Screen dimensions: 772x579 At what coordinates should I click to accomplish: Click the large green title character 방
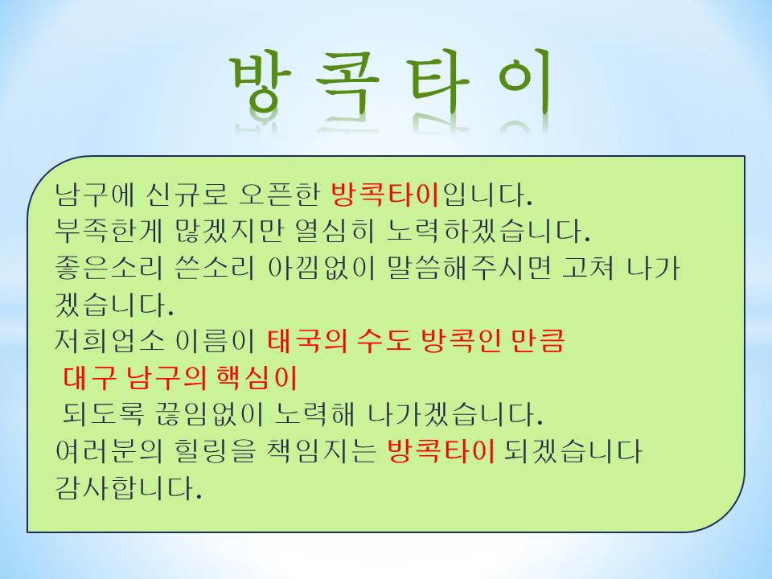(262, 80)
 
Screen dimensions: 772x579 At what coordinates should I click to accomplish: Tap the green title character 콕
(347, 81)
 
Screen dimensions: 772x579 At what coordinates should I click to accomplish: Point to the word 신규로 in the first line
(187, 194)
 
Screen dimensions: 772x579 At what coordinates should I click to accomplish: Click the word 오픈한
(279, 194)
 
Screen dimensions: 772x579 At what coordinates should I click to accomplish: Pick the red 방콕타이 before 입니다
(385, 194)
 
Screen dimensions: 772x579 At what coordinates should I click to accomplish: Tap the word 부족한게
(109, 231)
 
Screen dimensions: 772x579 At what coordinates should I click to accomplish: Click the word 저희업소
(109, 341)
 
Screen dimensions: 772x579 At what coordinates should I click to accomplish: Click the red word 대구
(90, 378)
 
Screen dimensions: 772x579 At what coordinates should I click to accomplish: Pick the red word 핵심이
(257, 378)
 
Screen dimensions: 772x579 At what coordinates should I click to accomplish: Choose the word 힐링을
(216, 451)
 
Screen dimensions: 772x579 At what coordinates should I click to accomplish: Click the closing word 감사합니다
(129, 487)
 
